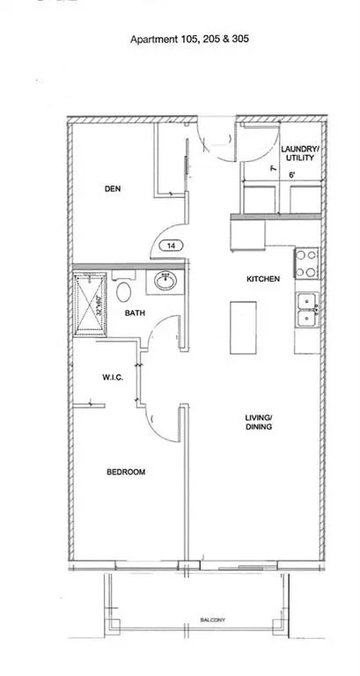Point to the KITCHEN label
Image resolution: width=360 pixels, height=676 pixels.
tap(262, 279)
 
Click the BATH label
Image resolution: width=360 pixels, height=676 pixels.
tap(135, 312)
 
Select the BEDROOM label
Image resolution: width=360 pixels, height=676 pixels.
tap(126, 473)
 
